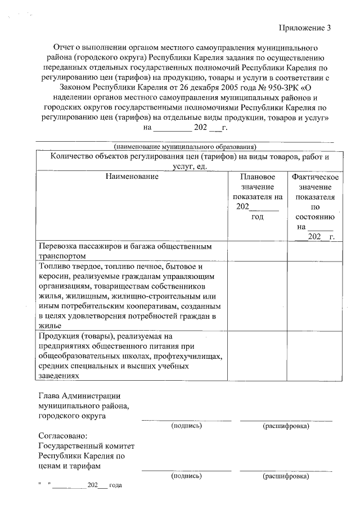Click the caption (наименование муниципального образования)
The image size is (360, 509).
coord(185,146)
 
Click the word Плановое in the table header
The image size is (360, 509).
coord(257,177)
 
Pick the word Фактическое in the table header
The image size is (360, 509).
coord(315,177)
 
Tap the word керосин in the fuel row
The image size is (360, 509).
coord(55,276)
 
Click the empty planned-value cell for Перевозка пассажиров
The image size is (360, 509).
coord(257,251)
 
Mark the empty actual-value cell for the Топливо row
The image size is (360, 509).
coord(315,295)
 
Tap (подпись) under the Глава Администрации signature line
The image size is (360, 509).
coord(186,426)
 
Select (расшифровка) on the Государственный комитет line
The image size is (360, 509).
coord(286,476)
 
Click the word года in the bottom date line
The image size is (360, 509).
coord(115,485)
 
